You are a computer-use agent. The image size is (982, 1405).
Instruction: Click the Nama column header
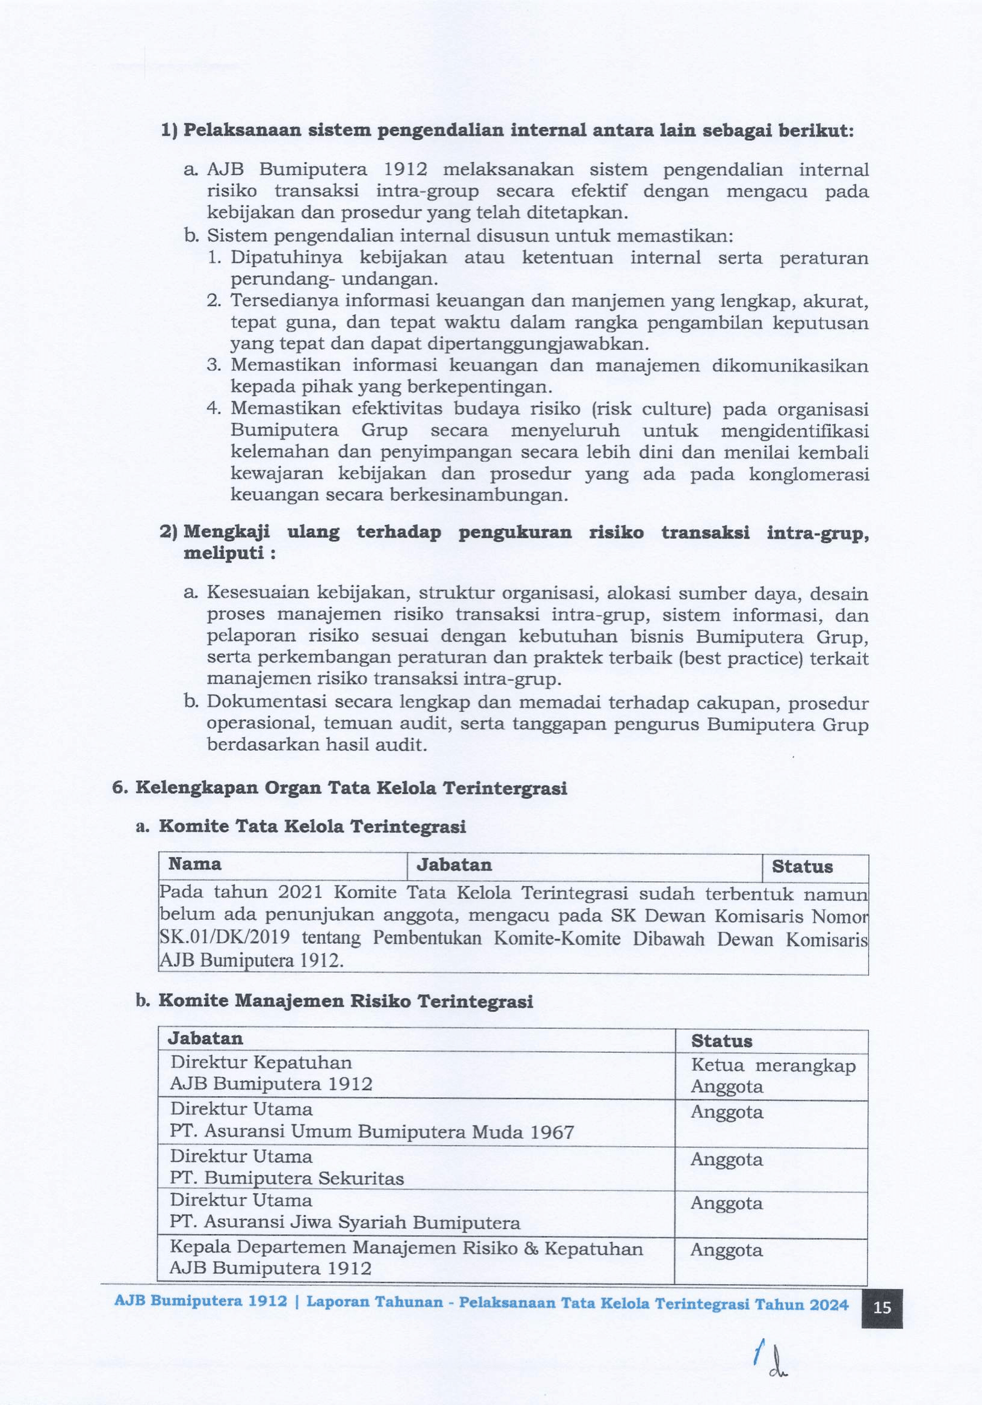(x=194, y=864)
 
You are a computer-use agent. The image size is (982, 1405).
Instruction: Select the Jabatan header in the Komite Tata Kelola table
(x=454, y=864)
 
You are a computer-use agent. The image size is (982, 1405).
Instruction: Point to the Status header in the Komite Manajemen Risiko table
(x=722, y=1041)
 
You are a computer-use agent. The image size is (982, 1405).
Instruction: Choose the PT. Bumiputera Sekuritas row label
(x=287, y=1178)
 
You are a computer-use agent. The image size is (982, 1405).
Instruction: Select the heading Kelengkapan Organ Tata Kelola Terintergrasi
(x=351, y=787)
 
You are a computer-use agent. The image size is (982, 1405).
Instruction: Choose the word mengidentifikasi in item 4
(x=795, y=431)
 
